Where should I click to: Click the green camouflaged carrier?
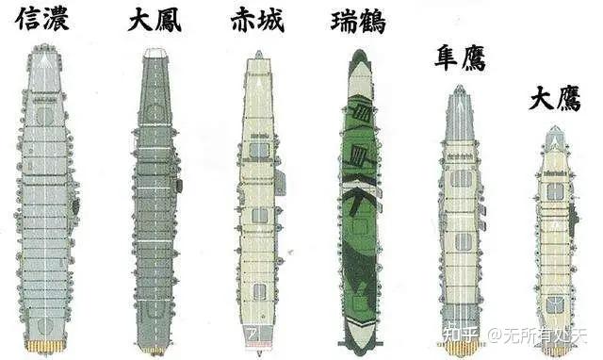pyautogui.click(x=359, y=198)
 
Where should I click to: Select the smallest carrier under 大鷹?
pyautogui.click(x=555, y=240)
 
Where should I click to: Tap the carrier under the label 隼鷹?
pyautogui.click(x=460, y=217)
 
